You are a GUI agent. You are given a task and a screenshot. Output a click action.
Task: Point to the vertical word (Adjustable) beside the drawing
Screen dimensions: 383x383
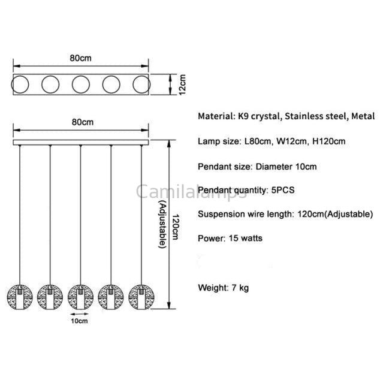[x=162, y=225]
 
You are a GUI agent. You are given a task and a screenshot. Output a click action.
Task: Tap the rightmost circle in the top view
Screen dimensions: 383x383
[x=141, y=85]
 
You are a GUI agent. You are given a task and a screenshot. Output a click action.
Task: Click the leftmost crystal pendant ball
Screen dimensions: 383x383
[x=20, y=295]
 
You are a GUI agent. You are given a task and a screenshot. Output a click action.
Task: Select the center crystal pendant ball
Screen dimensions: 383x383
[x=80, y=295]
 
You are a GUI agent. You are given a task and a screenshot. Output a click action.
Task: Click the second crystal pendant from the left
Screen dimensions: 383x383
[x=50, y=295]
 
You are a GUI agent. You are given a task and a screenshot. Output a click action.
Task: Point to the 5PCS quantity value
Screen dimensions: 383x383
[x=284, y=190]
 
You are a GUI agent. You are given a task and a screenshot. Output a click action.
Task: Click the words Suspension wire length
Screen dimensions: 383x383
[x=245, y=214]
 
